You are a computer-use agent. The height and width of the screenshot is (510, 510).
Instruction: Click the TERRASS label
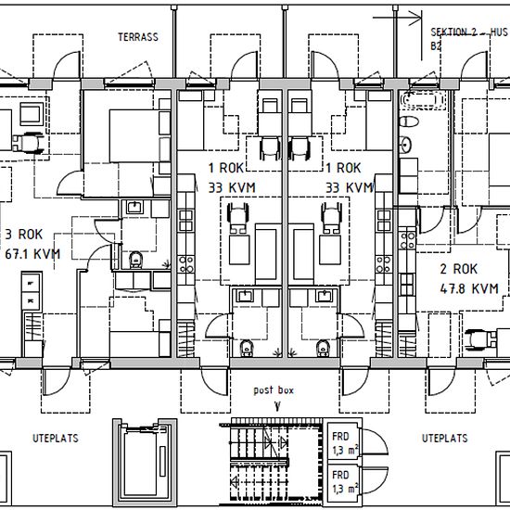138,37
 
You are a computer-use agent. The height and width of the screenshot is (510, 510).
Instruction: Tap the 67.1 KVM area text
32,254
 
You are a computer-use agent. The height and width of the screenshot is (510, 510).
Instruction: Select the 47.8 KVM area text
469,288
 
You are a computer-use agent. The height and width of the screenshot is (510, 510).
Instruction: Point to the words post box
274,390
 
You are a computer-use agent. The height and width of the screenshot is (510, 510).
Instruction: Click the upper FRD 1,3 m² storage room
344,441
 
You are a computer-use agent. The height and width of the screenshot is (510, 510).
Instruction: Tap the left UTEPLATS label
56,438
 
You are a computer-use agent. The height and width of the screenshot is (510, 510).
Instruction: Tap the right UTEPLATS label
444,438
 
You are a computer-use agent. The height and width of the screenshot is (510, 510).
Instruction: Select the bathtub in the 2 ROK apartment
422,100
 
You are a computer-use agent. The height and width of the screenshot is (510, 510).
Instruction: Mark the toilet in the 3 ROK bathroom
135,261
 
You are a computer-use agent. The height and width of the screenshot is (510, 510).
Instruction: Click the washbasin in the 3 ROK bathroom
134,207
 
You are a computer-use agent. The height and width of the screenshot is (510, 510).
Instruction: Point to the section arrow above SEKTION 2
398,18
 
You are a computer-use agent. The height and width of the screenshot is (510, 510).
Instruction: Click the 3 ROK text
24,235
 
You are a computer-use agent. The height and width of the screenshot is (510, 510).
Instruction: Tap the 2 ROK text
459,269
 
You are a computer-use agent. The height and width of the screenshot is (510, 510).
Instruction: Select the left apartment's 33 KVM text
232,187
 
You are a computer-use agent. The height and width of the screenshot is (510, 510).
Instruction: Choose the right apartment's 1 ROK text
343,168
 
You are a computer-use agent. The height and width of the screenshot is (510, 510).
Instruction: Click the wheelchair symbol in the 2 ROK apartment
480,339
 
